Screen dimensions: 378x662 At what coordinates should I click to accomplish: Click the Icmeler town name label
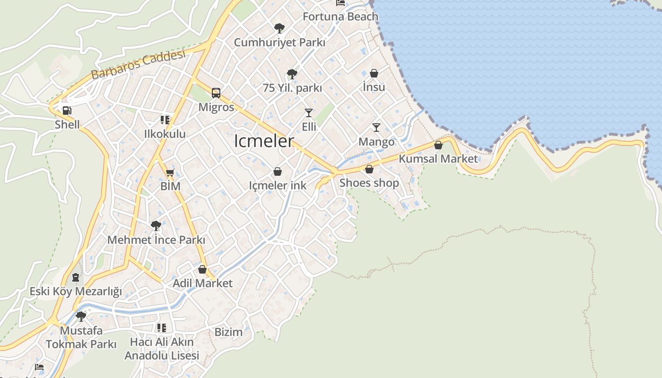(x=264, y=141)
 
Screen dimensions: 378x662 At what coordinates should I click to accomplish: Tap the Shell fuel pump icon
(x=67, y=111)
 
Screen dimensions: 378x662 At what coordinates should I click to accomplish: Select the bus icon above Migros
(x=216, y=93)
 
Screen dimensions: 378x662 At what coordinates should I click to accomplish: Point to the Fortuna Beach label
(x=340, y=17)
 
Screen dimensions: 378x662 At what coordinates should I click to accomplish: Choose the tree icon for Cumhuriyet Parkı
(x=279, y=28)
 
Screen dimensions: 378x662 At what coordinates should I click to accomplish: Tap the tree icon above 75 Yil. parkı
(x=292, y=74)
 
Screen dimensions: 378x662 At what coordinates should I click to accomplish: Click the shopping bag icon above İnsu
(x=374, y=73)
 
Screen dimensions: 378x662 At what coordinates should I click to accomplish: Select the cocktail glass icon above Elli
(x=309, y=112)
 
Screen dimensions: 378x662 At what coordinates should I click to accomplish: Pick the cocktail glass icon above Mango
(x=376, y=127)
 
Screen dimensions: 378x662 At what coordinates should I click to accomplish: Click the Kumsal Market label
(x=438, y=159)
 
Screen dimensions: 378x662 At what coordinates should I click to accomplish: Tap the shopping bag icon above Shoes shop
(x=369, y=169)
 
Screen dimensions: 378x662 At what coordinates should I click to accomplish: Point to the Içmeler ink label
(x=278, y=186)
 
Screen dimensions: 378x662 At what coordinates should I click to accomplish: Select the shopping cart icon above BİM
(x=170, y=172)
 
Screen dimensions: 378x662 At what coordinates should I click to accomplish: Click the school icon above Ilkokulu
(x=165, y=120)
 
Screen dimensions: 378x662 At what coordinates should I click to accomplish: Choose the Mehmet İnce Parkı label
(x=156, y=240)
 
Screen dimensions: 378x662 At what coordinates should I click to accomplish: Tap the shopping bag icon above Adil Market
(x=202, y=269)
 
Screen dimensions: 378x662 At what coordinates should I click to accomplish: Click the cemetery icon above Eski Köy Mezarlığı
(x=76, y=277)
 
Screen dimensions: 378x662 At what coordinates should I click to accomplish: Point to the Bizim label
(x=228, y=332)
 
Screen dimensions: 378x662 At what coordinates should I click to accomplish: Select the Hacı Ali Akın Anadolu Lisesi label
(x=162, y=349)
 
